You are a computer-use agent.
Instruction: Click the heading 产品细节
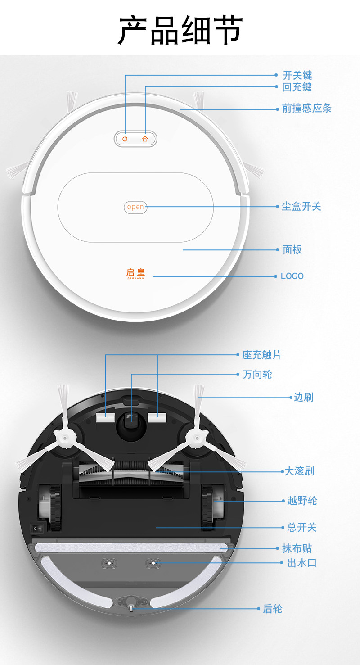click(x=180, y=30)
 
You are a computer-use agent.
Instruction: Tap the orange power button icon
click(x=125, y=139)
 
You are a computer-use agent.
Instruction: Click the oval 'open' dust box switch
click(x=135, y=207)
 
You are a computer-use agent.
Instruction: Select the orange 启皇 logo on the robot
click(x=135, y=273)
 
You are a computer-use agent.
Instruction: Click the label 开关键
click(x=297, y=75)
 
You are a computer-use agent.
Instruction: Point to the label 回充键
click(x=297, y=87)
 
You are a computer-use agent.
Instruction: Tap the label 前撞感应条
click(x=306, y=109)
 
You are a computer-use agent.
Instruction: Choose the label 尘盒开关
click(x=301, y=207)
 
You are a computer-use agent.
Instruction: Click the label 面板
click(x=292, y=249)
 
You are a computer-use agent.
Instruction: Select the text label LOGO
click(x=292, y=276)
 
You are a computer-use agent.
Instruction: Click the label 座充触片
click(x=261, y=355)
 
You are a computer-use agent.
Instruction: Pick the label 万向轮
click(x=257, y=374)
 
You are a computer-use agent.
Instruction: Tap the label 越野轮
click(x=302, y=501)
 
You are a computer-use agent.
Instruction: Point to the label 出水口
click(x=302, y=563)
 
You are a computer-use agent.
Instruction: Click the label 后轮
click(x=273, y=609)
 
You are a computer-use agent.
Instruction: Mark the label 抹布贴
click(x=297, y=548)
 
